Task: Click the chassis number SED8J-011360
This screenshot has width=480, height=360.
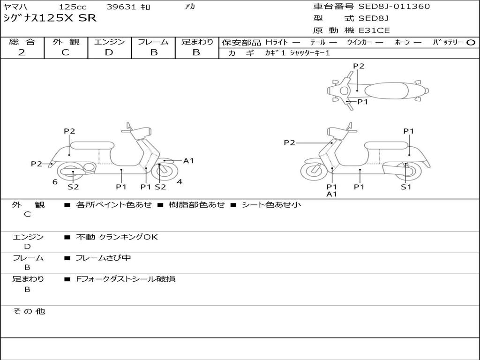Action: (394, 6)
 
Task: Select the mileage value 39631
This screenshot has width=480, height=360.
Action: (121, 7)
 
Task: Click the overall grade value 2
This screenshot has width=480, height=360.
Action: (22, 52)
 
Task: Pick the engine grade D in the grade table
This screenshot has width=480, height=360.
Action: (109, 52)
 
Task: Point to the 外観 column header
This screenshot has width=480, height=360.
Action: (66, 42)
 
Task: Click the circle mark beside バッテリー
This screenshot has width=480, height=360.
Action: (471, 43)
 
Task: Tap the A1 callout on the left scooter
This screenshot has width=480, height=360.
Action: (188, 160)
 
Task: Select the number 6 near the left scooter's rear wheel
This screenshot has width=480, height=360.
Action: (55, 182)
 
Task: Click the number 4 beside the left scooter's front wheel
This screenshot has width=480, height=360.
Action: (180, 182)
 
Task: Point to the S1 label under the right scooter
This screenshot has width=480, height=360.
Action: (406, 187)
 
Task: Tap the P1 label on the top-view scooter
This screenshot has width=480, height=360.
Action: (362, 102)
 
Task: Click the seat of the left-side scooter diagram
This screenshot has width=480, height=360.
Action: (92, 145)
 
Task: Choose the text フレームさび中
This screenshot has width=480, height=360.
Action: (103, 258)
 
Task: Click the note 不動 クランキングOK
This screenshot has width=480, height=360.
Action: (117, 237)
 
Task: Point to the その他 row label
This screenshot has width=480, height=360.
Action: (29, 311)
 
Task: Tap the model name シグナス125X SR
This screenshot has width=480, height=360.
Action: (50, 18)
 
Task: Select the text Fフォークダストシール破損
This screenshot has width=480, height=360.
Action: (126, 279)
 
